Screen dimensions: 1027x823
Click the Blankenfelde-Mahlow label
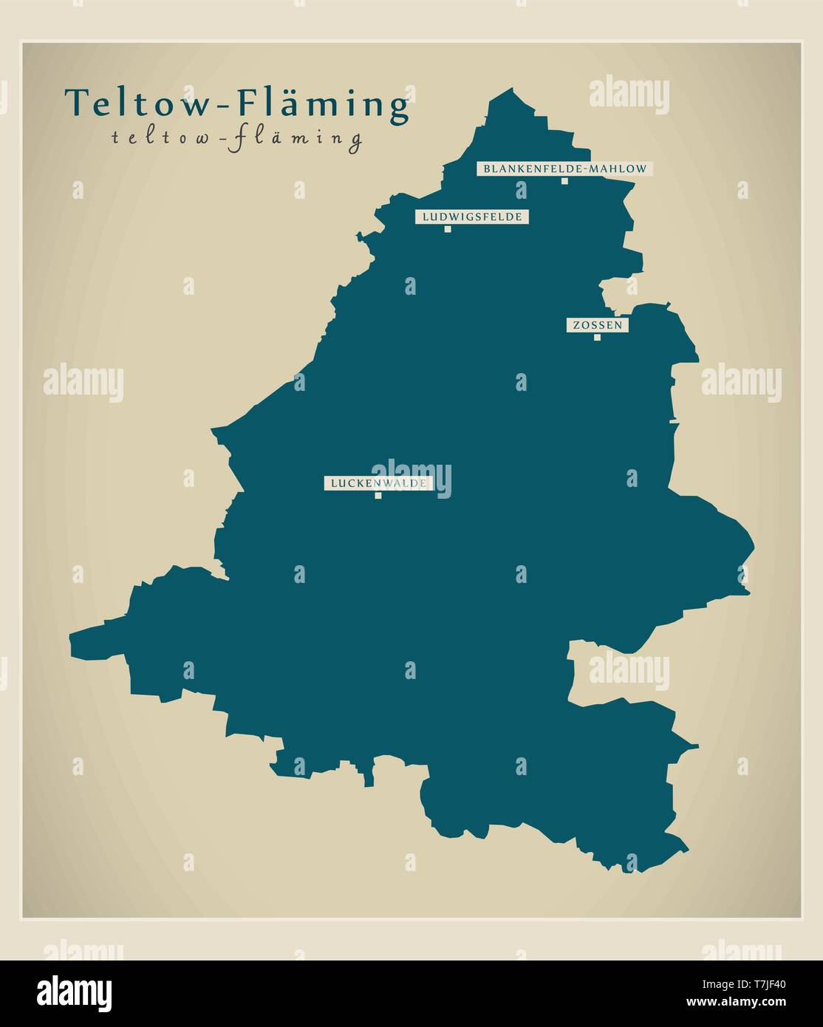click(564, 168)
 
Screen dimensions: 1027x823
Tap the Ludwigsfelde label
click(472, 216)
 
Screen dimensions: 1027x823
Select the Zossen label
click(597, 325)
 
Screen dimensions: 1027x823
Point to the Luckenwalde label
click(378, 483)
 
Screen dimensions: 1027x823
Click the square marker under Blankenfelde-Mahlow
click(564, 181)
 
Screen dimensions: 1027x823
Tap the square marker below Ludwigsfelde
click(448, 229)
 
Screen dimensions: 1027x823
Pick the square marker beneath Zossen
click(597, 338)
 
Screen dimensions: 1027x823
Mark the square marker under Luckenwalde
click(378, 496)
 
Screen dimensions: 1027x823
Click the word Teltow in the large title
click(136, 103)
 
